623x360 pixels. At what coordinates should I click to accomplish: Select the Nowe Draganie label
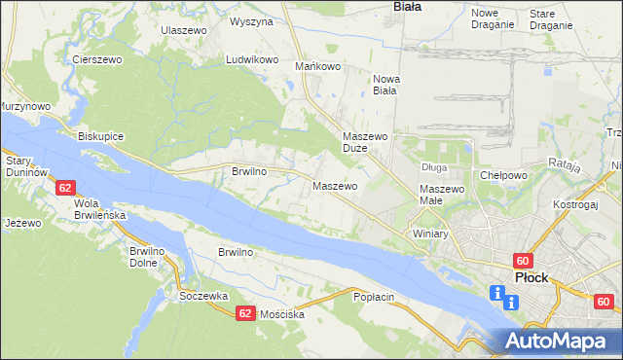pyautogui.click(x=491, y=18)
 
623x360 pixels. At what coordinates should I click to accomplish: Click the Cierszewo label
pyautogui.click(x=95, y=59)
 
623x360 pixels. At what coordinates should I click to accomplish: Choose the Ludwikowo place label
pyautogui.click(x=252, y=59)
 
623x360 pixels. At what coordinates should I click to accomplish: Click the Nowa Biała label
pyautogui.click(x=386, y=85)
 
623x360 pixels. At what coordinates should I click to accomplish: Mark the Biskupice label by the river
pyautogui.click(x=101, y=136)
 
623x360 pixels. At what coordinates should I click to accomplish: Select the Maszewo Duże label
pyautogui.click(x=366, y=143)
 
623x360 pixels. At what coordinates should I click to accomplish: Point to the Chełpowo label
pyautogui.click(x=503, y=175)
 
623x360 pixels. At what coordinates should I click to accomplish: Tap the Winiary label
pyautogui.click(x=428, y=234)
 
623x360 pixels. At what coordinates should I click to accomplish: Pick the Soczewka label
pyautogui.click(x=203, y=296)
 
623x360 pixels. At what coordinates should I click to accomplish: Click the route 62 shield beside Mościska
pyautogui.click(x=245, y=312)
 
